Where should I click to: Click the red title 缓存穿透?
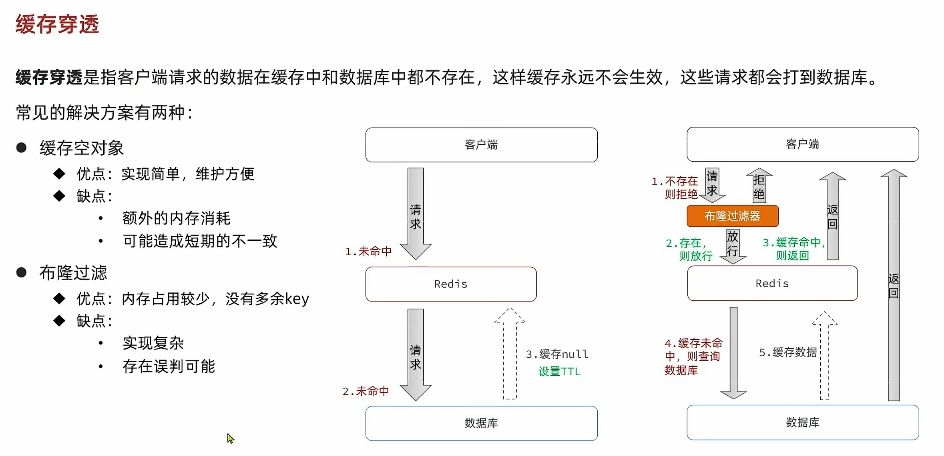[x=57, y=24]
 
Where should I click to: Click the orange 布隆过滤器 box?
[x=732, y=216]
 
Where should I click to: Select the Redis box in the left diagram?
[x=451, y=284]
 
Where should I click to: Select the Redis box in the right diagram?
[x=772, y=283]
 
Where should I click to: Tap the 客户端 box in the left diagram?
[x=481, y=145]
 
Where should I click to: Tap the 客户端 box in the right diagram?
[x=803, y=144]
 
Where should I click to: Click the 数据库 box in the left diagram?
[x=481, y=423]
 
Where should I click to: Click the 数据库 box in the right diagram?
[x=803, y=422]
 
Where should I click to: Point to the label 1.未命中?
[x=368, y=252]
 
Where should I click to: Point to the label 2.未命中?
[x=366, y=391]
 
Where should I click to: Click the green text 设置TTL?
[x=559, y=372]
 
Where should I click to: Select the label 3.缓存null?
[x=557, y=354]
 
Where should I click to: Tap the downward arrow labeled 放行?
[x=733, y=245]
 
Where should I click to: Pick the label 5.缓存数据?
[x=788, y=352]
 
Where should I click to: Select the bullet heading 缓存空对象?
[x=82, y=148]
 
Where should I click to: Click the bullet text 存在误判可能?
[x=169, y=366]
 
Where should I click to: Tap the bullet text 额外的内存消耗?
[x=177, y=218]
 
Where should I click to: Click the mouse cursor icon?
[x=230, y=438]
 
